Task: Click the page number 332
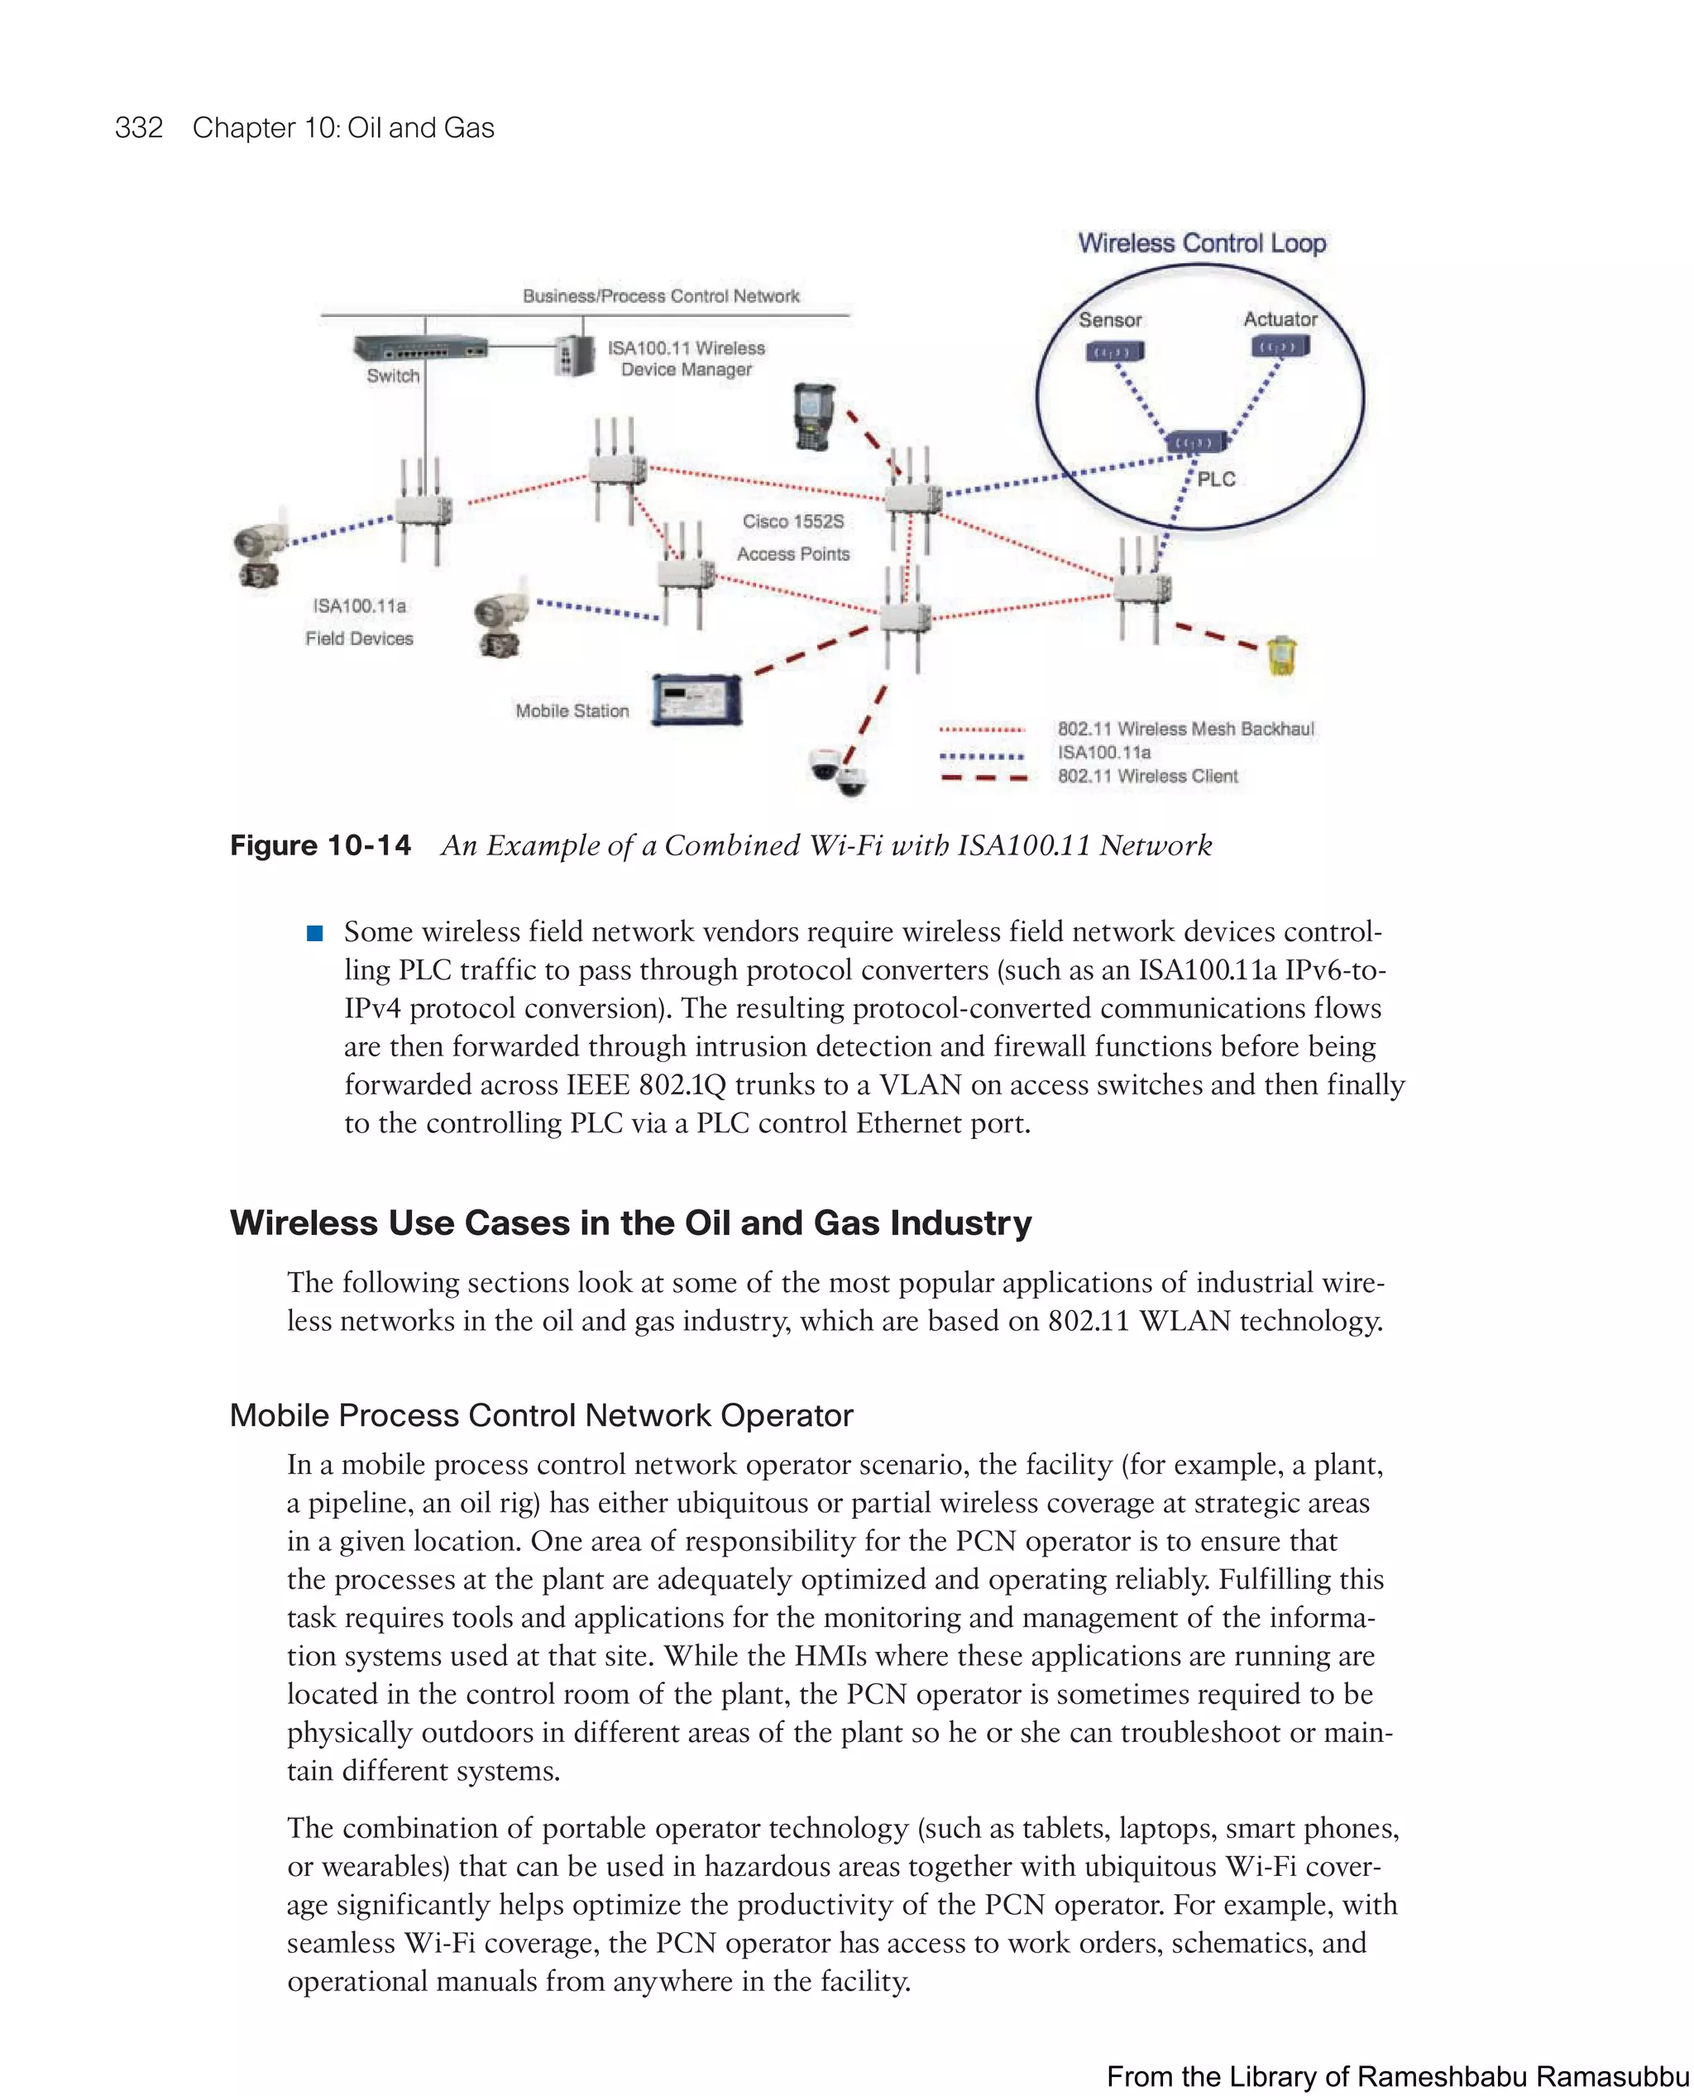(x=139, y=128)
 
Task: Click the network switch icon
(x=419, y=348)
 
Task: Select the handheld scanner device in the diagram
(x=814, y=417)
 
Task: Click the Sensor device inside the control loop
(x=1114, y=351)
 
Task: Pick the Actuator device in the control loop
(x=1280, y=347)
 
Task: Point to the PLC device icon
(x=1195, y=442)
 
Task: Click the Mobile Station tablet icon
(x=696, y=699)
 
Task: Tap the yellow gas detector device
(x=1281, y=656)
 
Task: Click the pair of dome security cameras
(x=838, y=771)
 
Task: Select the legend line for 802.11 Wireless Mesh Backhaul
(x=981, y=729)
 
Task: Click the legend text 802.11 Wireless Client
(x=1146, y=777)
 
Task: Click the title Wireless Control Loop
(x=1201, y=243)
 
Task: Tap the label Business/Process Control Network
(x=661, y=295)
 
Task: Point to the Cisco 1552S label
(x=792, y=521)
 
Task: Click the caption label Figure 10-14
(x=320, y=845)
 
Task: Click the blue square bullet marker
(x=314, y=933)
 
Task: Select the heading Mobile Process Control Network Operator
(x=541, y=1415)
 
